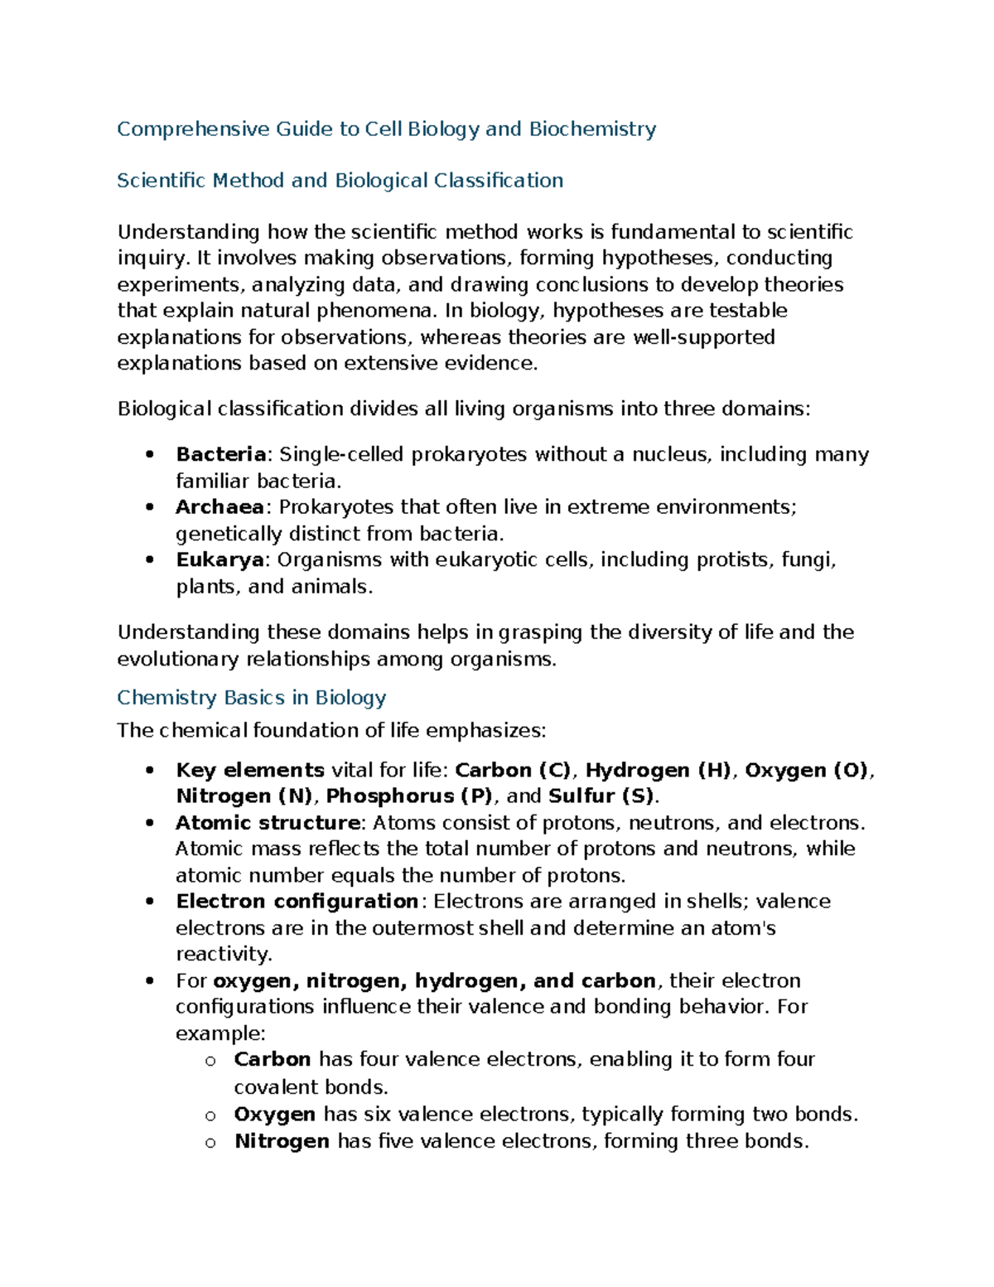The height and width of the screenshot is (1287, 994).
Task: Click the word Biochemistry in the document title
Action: (x=592, y=129)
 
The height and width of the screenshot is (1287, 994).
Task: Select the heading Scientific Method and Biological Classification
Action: (x=340, y=181)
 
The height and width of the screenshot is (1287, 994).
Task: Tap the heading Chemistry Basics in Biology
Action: (x=251, y=698)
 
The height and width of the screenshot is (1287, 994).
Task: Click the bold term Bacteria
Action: (x=220, y=455)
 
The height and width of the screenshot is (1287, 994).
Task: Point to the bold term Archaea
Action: (x=220, y=507)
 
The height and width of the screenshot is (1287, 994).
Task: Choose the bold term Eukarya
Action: (x=220, y=560)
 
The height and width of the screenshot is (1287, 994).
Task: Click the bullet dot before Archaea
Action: (x=149, y=507)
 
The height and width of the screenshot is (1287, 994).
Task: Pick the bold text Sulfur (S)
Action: (x=601, y=796)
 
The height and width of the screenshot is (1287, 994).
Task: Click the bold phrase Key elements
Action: (x=250, y=771)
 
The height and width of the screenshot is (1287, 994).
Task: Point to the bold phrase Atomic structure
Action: (x=268, y=823)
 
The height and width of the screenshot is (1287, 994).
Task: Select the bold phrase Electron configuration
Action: (x=297, y=902)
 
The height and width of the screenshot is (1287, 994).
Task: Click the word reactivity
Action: (x=224, y=954)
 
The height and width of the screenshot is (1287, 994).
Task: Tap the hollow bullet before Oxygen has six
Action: (x=210, y=1115)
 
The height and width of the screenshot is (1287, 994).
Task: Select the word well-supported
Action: (x=704, y=338)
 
